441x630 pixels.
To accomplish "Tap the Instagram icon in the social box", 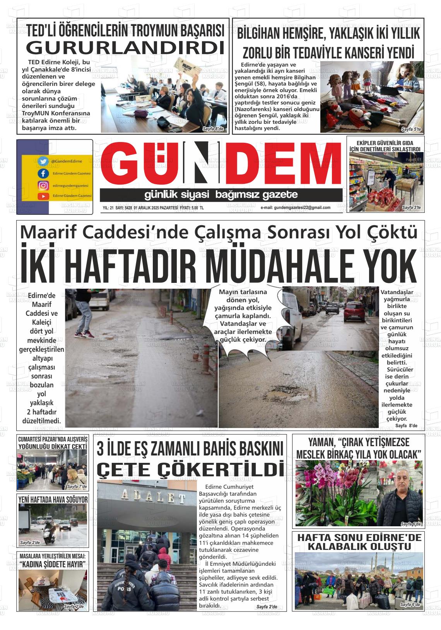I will click(x=43, y=185).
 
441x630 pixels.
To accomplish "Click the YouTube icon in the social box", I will click(x=43, y=196).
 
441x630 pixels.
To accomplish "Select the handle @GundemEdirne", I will click(x=66, y=161).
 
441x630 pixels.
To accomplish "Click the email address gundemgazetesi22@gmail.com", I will click(x=296, y=208).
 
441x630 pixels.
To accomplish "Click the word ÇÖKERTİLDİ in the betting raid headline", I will click(x=190, y=469).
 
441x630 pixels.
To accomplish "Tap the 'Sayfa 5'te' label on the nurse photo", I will click(x=411, y=129).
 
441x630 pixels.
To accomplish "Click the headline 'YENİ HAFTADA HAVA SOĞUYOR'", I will click(x=53, y=499).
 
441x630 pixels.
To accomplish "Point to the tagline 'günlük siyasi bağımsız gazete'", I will click(x=221, y=195).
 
